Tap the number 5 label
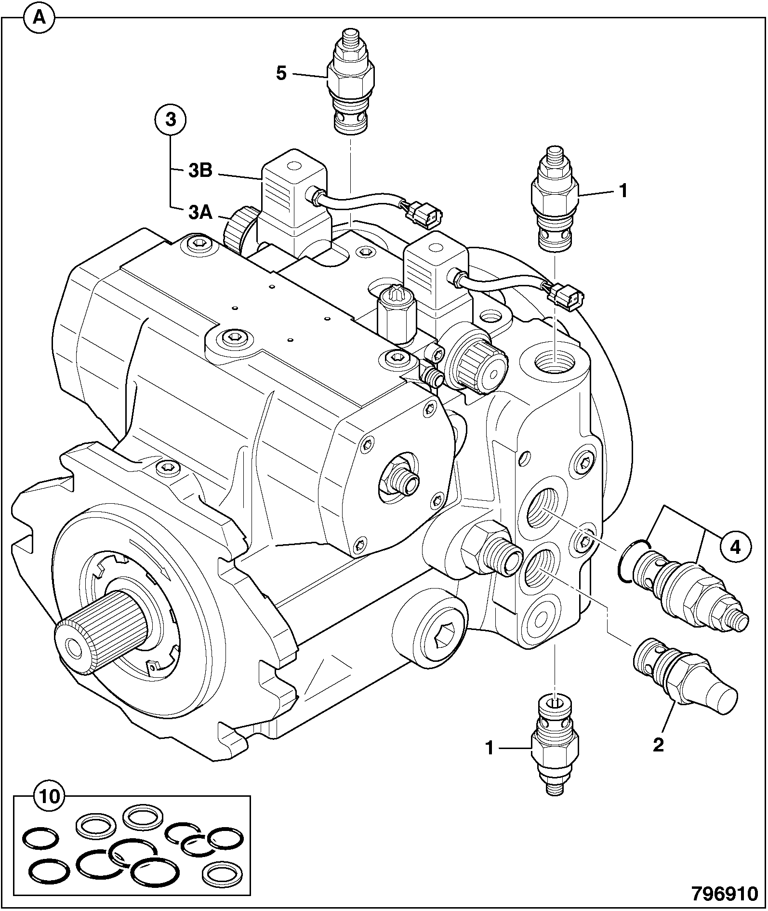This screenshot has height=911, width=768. [281, 74]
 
